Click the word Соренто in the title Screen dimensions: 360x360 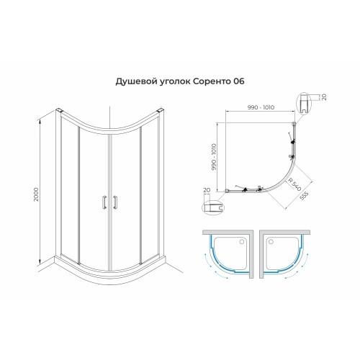pyautogui.click(x=211, y=81)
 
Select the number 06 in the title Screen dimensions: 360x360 pyautogui.click(x=238, y=81)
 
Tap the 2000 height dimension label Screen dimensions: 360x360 pyautogui.click(x=36, y=194)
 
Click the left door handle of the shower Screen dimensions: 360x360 pyautogui.click(x=104, y=202)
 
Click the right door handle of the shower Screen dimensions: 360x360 pyautogui.click(x=115, y=202)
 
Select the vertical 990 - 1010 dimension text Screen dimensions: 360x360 pyautogui.click(x=214, y=157)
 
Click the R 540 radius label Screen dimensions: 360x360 pyautogui.click(x=294, y=184)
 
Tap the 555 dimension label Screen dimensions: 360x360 pyautogui.click(x=304, y=196)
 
